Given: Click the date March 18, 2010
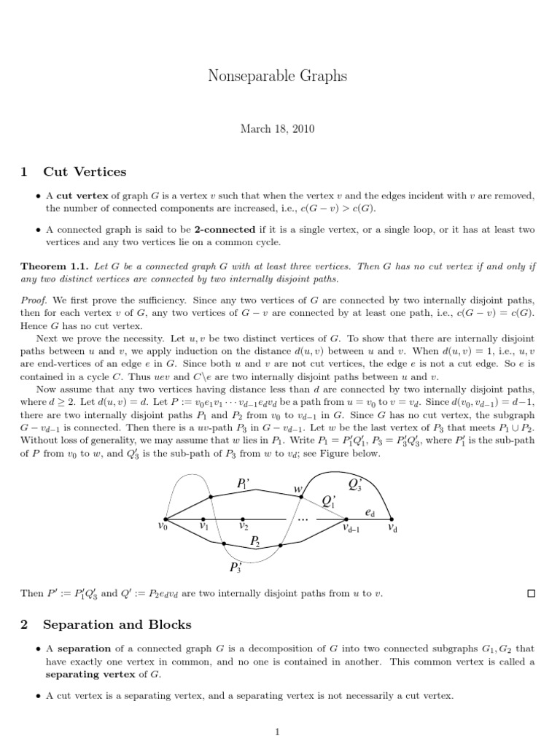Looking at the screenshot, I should [279, 128].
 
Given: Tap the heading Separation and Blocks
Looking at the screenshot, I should [117, 624].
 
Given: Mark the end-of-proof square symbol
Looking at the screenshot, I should [531, 595].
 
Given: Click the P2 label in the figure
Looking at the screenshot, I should [255, 541].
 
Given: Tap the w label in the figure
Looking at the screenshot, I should [297, 489].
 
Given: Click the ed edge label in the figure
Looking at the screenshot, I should [370, 513].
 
